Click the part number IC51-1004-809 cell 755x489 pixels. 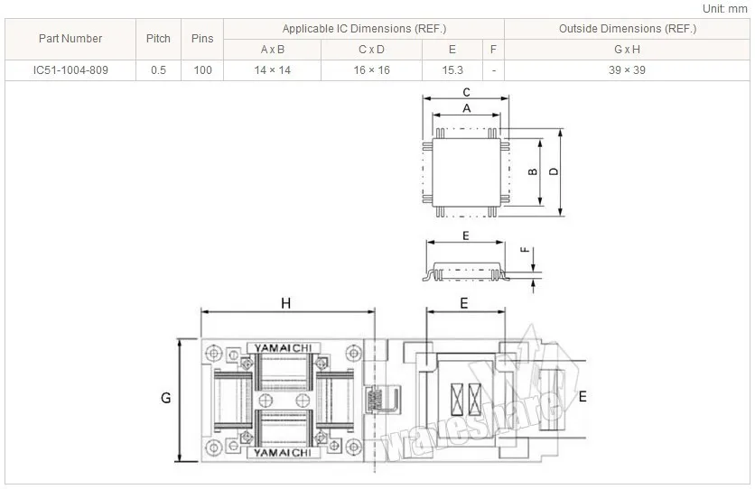[70, 70]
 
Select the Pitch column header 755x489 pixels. [158, 39]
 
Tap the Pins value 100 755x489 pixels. [202, 70]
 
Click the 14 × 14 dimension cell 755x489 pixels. [273, 70]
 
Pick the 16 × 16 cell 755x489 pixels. [372, 70]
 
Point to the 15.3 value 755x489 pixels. [452, 70]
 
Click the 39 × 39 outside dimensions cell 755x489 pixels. [627, 70]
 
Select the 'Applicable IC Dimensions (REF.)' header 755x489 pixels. [365, 29]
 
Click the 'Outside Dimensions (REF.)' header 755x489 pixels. [628, 29]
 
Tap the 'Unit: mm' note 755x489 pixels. [724, 9]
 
